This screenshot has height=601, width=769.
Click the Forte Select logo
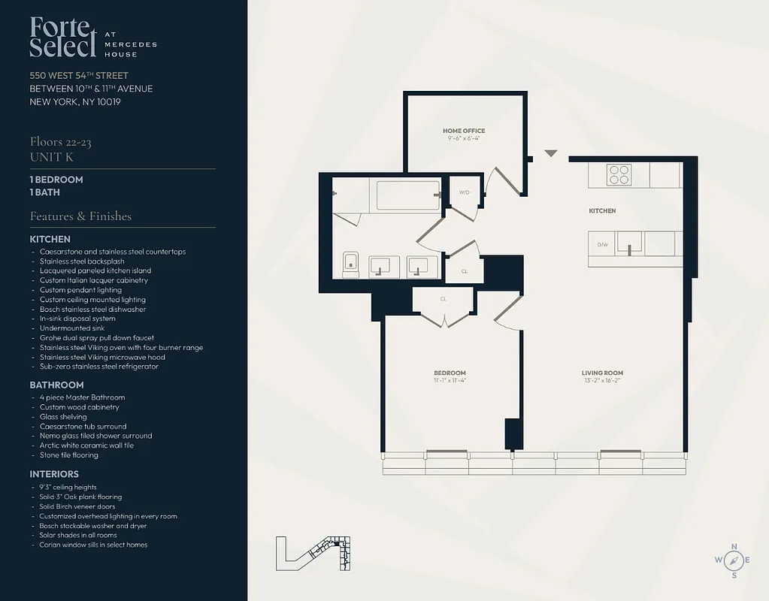point(64,37)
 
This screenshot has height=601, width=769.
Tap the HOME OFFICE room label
point(464,131)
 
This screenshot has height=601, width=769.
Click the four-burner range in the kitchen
point(619,174)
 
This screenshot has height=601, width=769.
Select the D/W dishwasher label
point(602,244)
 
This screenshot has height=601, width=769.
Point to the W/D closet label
point(464,192)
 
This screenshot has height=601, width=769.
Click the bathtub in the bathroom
point(407,195)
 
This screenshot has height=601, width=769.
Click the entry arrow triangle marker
point(551,153)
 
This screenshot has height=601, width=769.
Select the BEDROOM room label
point(450,373)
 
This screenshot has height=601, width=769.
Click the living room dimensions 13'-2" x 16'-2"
point(602,381)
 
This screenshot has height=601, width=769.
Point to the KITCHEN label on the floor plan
point(602,211)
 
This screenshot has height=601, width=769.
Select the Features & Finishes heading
point(80,216)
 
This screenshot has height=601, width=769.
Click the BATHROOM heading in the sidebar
point(56,385)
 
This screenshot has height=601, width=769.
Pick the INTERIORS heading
point(54,474)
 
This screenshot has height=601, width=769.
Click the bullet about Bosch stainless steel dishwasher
point(92,309)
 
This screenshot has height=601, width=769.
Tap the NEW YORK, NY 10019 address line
point(75,101)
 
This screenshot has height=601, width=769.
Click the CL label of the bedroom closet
point(444,298)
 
